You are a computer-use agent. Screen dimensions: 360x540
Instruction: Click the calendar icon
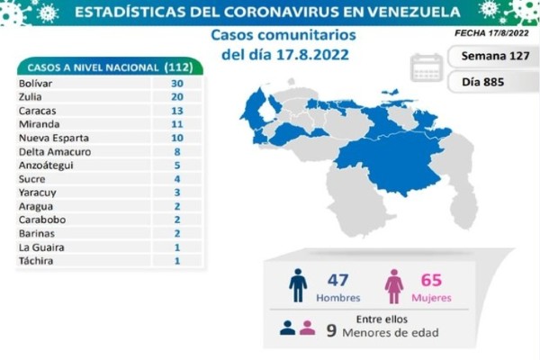tap(426, 68)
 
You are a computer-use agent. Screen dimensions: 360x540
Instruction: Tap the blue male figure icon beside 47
tap(298, 285)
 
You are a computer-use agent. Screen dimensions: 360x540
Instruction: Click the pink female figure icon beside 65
tap(393, 285)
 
